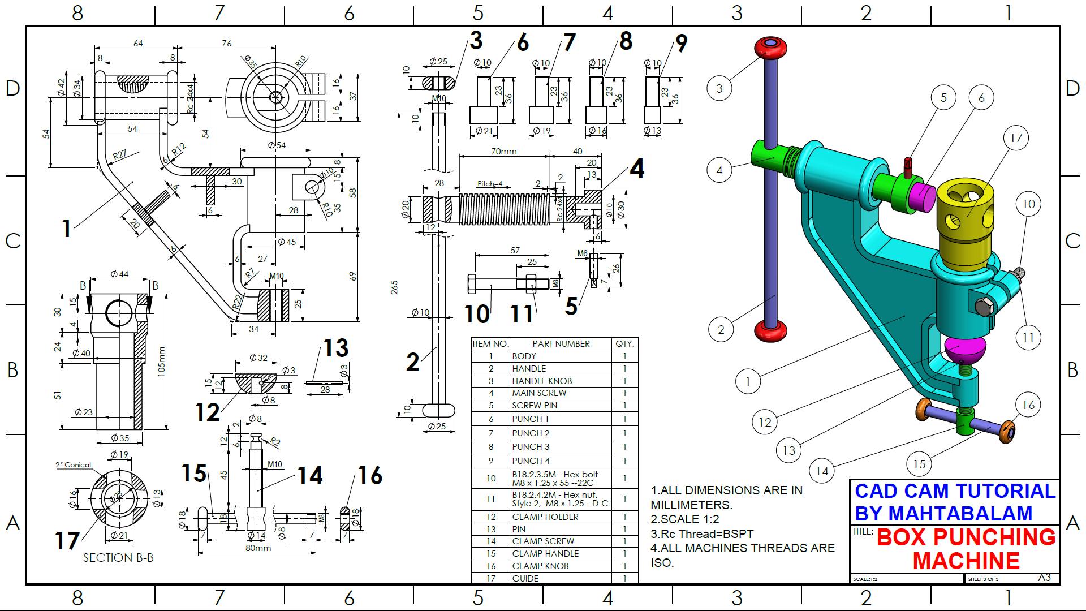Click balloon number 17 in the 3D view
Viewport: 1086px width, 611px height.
1016,138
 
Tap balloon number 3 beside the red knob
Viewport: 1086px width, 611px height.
719,88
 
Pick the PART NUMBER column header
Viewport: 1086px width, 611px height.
561,344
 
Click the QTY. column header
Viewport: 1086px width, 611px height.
624,344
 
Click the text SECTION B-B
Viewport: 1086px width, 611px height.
118,558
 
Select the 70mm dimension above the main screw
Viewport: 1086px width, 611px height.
504,152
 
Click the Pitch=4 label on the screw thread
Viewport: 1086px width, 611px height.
490,184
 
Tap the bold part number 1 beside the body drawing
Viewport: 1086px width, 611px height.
67,229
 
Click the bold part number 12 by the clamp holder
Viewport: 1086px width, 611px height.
207,412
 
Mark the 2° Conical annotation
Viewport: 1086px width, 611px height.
73,465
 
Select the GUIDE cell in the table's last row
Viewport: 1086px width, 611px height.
525,578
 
